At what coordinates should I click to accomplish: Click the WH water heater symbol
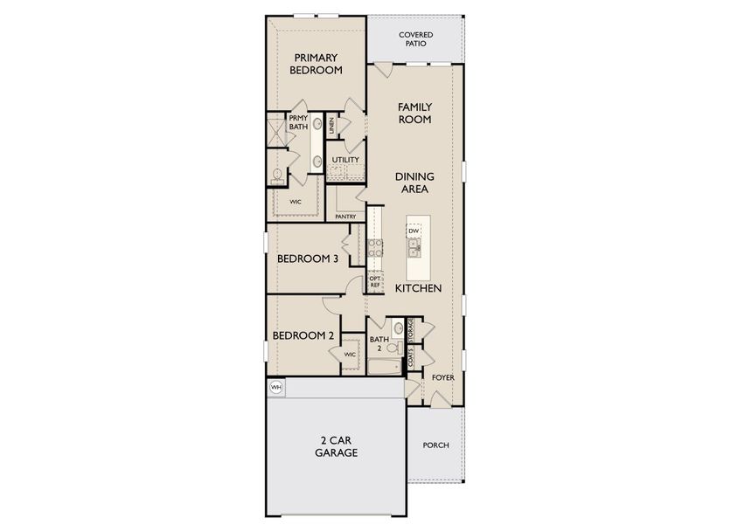[x=276, y=387]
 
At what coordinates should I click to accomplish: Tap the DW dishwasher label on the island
[x=414, y=231]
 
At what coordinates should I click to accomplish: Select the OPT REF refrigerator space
[x=374, y=281]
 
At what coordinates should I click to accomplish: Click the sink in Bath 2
[x=398, y=329]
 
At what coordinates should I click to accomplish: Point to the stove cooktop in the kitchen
[x=373, y=245]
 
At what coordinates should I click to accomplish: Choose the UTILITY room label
[x=345, y=160]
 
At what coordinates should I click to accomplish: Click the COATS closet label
[x=409, y=357]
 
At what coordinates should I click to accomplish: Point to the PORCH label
[x=435, y=445]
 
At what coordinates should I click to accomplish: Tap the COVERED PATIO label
[x=415, y=39]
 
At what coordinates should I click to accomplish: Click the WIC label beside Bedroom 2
[x=349, y=355]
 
